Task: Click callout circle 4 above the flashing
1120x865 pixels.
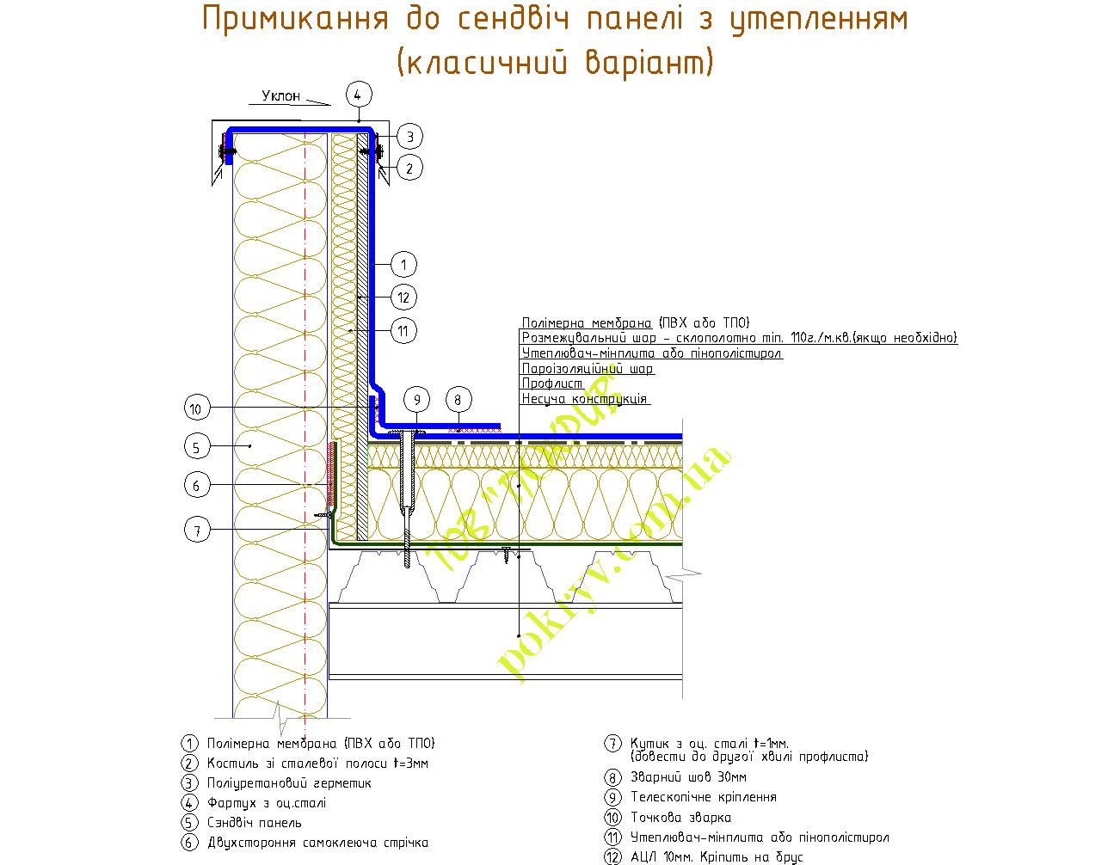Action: [x=360, y=94]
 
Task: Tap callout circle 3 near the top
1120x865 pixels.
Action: [x=409, y=136]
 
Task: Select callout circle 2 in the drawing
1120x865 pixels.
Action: [x=409, y=168]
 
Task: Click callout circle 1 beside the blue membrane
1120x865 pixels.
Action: [x=403, y=264]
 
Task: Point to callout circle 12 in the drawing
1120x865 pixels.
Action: [x=403, y=298]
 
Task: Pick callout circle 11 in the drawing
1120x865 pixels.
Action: [x=403, y=330]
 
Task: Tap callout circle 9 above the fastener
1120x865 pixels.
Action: [x=416, y=400]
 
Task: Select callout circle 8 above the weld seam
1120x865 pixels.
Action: [x=458, y=400]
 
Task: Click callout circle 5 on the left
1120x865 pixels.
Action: [x=197, y=446]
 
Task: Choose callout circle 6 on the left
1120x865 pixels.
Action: [x=197, y=486]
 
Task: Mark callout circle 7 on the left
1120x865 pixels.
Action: [x=197, y=531]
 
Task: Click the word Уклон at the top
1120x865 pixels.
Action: [x=281, y=95]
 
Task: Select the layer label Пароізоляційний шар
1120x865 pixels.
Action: [x=588, y=368]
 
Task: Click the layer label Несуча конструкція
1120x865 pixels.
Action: [x=585, y=399]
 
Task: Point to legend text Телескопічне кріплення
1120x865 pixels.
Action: [x=703, y=797]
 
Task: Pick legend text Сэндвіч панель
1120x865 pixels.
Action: [x=255, y=823]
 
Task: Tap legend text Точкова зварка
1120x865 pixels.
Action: [x=680, y=817]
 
